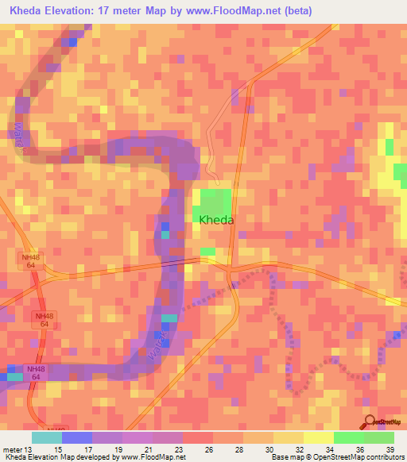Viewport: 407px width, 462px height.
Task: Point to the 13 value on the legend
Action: (33, 449)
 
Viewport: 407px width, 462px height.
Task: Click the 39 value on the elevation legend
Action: (389, 449)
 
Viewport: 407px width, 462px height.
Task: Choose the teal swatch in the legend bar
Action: (47, 437)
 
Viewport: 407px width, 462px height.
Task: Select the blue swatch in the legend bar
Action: (77, 437)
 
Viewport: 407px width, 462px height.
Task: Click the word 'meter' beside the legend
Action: (14, 449)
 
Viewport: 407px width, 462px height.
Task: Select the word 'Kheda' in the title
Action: (27, 11)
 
